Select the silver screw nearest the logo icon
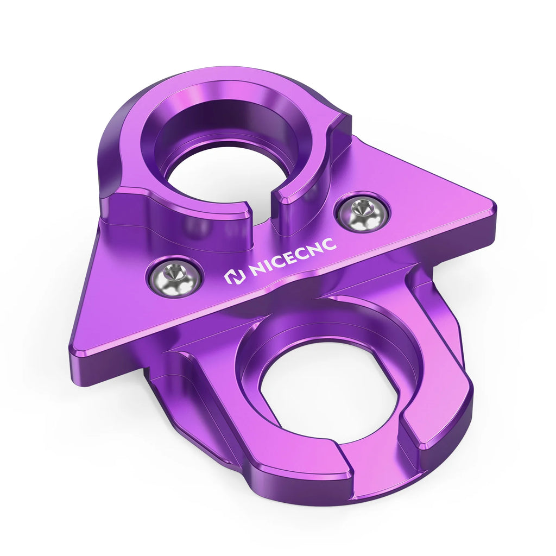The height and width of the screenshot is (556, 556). pos(174,277)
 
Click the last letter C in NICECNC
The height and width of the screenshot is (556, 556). pos(329,245)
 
